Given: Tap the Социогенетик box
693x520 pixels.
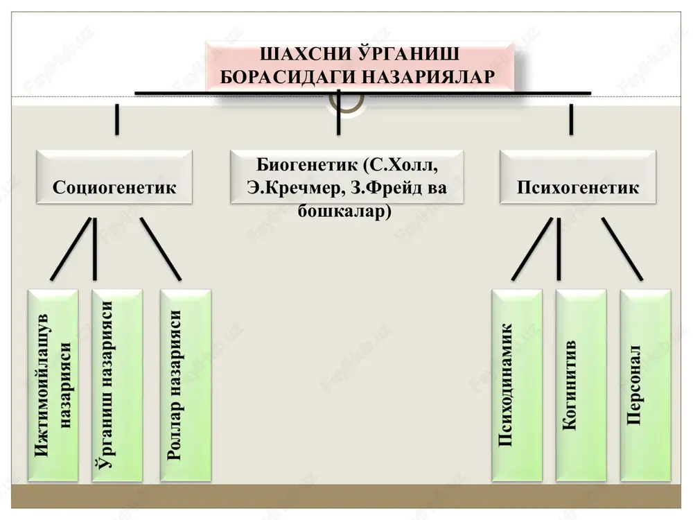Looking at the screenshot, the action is (114, 177).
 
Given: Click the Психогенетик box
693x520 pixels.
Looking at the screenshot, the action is (578, 177).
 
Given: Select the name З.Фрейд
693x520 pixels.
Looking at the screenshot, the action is (380, 188).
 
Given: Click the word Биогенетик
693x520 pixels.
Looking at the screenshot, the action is (307, 164).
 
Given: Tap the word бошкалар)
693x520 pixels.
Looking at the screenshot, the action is (344, 211).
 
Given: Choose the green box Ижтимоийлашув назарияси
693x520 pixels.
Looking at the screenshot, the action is (53, 385).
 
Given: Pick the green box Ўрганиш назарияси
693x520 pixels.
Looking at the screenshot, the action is (117, 385).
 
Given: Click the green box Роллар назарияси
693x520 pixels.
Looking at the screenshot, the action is (186, 385).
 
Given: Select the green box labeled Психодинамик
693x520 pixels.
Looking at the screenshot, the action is (517, 385).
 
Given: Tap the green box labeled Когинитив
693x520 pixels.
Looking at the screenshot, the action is (581, 385).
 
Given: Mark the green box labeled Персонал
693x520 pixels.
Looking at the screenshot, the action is (646, 385).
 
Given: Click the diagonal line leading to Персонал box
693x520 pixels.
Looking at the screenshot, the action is (622, 249).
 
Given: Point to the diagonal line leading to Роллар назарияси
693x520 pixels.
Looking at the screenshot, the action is (161, 249).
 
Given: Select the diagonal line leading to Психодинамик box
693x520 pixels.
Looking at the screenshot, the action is (532, 249).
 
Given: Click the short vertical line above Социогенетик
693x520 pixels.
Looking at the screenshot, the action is (117, 119).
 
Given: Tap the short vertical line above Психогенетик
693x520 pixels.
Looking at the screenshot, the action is (572, 119).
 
